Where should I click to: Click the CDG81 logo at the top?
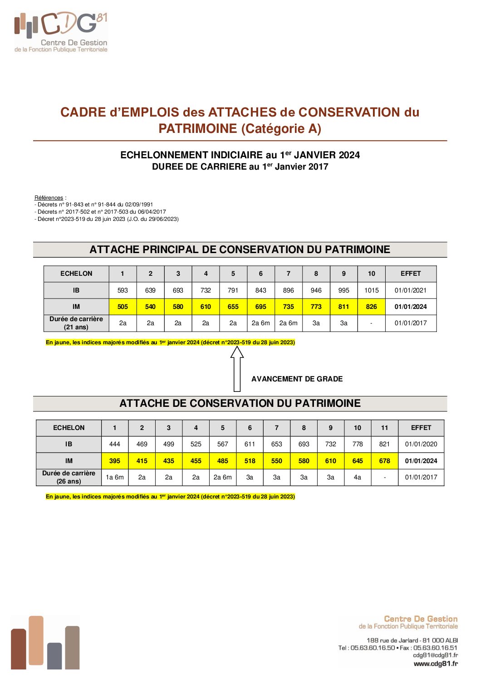coord(61,32)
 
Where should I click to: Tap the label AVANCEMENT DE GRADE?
coord(297,379)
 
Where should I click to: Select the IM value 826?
coord(371,307)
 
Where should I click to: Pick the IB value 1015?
coord(371,290)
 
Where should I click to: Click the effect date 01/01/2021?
coord(411,290)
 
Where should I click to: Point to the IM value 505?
coord(122,307)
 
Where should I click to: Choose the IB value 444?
coord(115,444)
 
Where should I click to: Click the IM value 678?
coord(384,461)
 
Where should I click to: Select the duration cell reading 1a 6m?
coord(115,477)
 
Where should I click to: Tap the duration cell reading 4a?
coord(358,477)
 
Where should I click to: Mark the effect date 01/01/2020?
coord(421,444)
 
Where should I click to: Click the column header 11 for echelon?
coord(384,428)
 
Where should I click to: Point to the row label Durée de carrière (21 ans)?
coord(76,323)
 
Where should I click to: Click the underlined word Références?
coord(49,198)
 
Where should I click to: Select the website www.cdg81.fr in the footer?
coord(436,664)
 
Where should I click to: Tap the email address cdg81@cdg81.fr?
coord(435,655)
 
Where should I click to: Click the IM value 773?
coord(316,307)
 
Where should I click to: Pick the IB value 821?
coord(384,444)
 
